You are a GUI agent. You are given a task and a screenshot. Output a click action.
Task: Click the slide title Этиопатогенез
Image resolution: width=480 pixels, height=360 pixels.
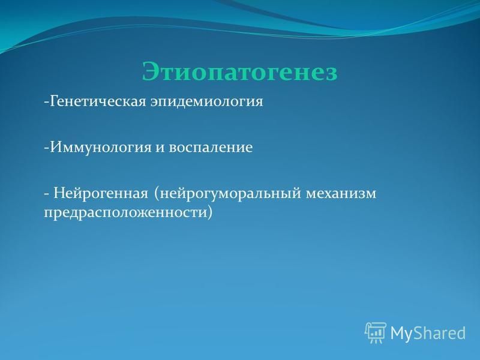(239, 72)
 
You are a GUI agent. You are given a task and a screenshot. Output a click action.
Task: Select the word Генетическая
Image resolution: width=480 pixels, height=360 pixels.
(97, 101)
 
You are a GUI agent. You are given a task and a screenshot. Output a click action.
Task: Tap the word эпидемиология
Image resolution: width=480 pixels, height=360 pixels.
(206, 102)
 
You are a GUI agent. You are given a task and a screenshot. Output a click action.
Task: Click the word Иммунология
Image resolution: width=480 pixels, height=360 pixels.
(101, 148)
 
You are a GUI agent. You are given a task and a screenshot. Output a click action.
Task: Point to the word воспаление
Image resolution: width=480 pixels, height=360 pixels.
(211, 148)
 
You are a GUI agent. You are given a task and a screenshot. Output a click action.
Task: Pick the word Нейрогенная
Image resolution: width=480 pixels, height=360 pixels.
(101, 194)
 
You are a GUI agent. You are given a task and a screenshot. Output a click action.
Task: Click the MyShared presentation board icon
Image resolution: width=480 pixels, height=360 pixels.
(376, 333)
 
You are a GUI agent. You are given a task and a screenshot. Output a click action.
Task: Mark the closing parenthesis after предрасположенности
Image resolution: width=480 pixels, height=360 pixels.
(209, 212)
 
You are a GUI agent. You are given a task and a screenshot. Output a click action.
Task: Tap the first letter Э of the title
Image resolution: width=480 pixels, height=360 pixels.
(151, 72)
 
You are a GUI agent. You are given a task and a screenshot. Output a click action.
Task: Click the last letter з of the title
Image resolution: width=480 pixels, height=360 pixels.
(331, 74)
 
